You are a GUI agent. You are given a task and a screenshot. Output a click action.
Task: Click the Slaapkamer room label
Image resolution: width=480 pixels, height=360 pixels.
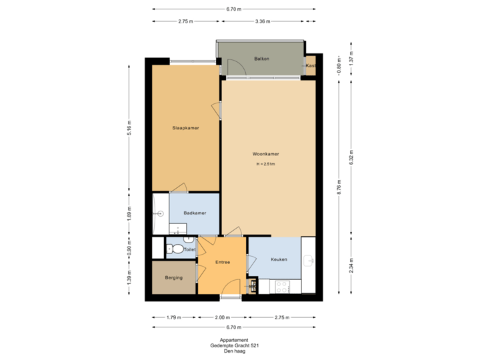(185, 127)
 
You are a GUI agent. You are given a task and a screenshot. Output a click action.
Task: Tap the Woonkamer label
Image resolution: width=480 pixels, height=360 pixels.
(265, 153)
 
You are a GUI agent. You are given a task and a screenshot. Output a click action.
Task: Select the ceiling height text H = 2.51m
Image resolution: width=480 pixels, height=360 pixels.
(265, 164)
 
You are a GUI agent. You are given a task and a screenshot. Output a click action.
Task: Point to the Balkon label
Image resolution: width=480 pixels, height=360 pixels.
(261, 59)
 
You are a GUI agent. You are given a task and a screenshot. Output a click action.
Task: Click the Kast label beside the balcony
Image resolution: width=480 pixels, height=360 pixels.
(310, 65)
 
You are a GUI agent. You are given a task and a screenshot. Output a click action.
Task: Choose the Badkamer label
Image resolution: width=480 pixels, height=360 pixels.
(195, 213)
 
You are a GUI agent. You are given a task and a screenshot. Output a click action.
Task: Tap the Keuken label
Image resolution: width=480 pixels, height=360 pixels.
(279, 259)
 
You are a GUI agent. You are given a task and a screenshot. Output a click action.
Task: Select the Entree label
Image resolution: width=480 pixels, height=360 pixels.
(222, 262)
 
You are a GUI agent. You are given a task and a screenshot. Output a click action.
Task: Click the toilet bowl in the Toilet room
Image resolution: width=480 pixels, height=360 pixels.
(176, 249)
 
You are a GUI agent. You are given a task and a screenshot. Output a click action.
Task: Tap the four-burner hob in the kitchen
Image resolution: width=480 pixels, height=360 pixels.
(282, 287)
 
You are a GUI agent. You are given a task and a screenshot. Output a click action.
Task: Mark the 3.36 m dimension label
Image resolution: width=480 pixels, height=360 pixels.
(263, 21)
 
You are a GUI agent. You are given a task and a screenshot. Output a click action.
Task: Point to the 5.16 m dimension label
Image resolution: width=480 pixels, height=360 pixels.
(130, 127)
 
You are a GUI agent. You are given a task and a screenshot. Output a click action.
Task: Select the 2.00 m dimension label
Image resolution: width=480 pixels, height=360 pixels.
(222, 317)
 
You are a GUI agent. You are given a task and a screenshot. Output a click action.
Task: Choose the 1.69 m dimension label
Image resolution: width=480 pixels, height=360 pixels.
(130, 213)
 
